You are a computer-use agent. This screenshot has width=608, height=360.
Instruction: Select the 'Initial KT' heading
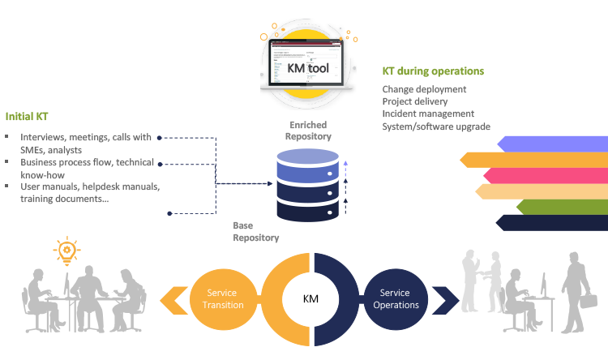(x=28, y=116)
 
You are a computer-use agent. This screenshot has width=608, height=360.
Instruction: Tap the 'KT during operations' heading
(x=433, y=71)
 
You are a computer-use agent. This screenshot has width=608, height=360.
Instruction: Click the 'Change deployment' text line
(x=424, y=89)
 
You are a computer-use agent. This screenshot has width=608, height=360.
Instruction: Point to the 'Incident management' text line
(x=428, y=114)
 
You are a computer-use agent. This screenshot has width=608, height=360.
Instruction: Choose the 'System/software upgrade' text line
(x=436, y=126)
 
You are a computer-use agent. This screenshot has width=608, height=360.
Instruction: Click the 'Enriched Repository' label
(x=308, y=131)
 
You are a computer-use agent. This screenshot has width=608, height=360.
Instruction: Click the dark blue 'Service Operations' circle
(x=396, y=298)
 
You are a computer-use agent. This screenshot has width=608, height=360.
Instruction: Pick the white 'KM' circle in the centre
(x=310, y=299)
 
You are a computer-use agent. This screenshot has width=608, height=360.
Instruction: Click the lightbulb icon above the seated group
(x=66, y=251)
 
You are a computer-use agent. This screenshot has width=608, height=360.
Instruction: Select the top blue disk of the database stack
(x=307, y=173)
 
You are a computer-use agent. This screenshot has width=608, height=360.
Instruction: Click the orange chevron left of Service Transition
(x=172, y=299)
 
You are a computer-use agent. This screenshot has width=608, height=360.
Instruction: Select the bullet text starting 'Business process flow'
(x=88, y=168)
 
